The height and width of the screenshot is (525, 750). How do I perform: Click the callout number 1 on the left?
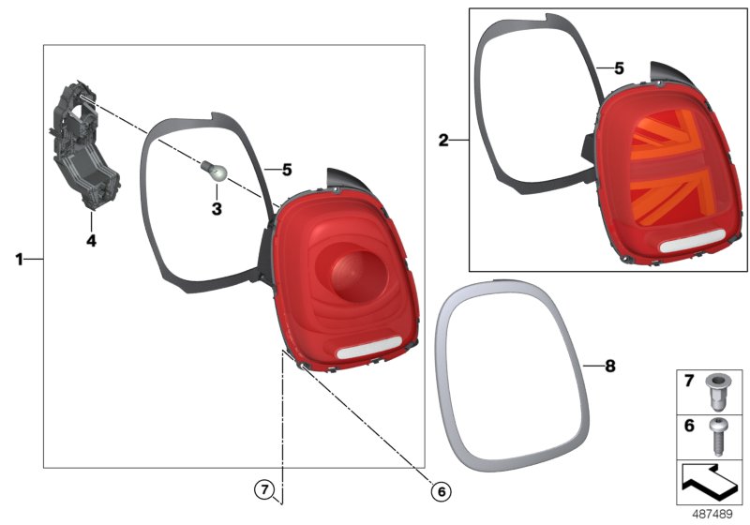19,258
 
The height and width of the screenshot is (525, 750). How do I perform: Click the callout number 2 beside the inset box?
443,141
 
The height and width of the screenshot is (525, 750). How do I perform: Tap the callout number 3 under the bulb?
216,209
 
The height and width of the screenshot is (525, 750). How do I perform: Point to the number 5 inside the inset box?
618,68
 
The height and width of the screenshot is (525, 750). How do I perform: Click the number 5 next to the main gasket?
287,170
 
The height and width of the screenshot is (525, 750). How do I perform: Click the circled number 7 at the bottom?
265,488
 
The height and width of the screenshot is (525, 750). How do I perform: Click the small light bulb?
212,171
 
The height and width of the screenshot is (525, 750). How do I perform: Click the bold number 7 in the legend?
686,382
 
